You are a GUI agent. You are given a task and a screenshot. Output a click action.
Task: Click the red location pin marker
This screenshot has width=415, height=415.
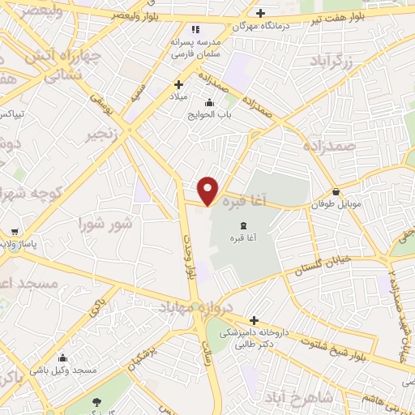pos(208,190)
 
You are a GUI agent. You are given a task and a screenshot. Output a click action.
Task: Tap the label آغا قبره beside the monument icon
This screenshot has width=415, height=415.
pos(244,237)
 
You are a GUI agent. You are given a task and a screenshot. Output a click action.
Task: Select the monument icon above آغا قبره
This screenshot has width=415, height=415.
pos(244,225)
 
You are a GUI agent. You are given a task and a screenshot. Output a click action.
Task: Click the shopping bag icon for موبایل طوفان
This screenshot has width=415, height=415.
pos(336,192)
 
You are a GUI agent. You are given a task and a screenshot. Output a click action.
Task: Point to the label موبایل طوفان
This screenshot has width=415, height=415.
pos(334,205)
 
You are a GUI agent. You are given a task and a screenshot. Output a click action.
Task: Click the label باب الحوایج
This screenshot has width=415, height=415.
pos(210,114)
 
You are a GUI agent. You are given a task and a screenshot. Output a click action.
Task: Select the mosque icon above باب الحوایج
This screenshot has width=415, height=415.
pos(210,102)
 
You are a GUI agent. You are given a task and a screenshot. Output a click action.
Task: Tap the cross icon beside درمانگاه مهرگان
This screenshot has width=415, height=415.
pos(260,13)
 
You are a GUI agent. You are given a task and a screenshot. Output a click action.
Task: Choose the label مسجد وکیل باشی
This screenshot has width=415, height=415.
pos(73,370)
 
